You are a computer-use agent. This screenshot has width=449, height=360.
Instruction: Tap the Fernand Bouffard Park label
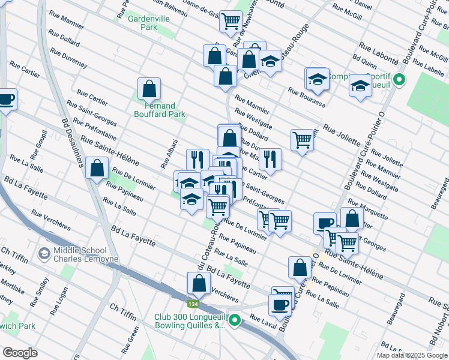[159, 110]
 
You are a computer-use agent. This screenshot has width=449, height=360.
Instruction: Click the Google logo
[20, 352]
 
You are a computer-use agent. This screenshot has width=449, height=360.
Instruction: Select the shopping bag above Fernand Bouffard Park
[149, 89]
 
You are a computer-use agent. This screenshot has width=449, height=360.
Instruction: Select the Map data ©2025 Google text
[412, 355]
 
